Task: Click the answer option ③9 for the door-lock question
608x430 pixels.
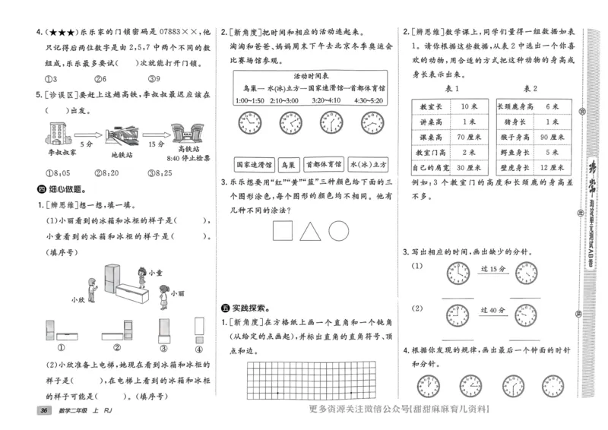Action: click(x=154, y=79)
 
